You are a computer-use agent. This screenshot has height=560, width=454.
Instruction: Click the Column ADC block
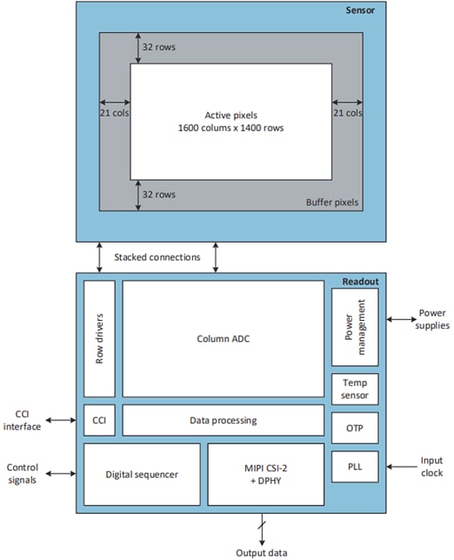[x=224, y=338]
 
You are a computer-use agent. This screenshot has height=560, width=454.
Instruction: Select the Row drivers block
[x=99, y=338]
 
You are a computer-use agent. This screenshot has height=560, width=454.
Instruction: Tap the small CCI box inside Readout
[x=99, y=420]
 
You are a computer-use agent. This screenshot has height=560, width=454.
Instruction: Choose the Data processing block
[x=224, y=420]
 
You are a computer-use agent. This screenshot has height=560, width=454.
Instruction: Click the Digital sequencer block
[x=141, y=474]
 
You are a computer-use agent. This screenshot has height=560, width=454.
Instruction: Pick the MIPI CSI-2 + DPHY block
[x=264, y=474]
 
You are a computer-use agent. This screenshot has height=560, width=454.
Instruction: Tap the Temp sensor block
[x=355, y=390]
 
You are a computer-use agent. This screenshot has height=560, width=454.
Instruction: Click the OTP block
[x=355, y=429]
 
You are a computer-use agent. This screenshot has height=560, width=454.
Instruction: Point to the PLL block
[x=355, y=467]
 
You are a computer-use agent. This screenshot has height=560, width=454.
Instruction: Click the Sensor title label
[x=361, y=10]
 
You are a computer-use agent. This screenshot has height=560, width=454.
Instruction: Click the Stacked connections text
[x=157, y=257]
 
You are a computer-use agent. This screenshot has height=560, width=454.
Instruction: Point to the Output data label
[x=260, y=551]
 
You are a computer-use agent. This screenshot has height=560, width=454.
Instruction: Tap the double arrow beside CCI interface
[x=61, y=420]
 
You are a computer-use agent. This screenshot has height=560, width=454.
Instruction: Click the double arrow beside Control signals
[x=61, y=474]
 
